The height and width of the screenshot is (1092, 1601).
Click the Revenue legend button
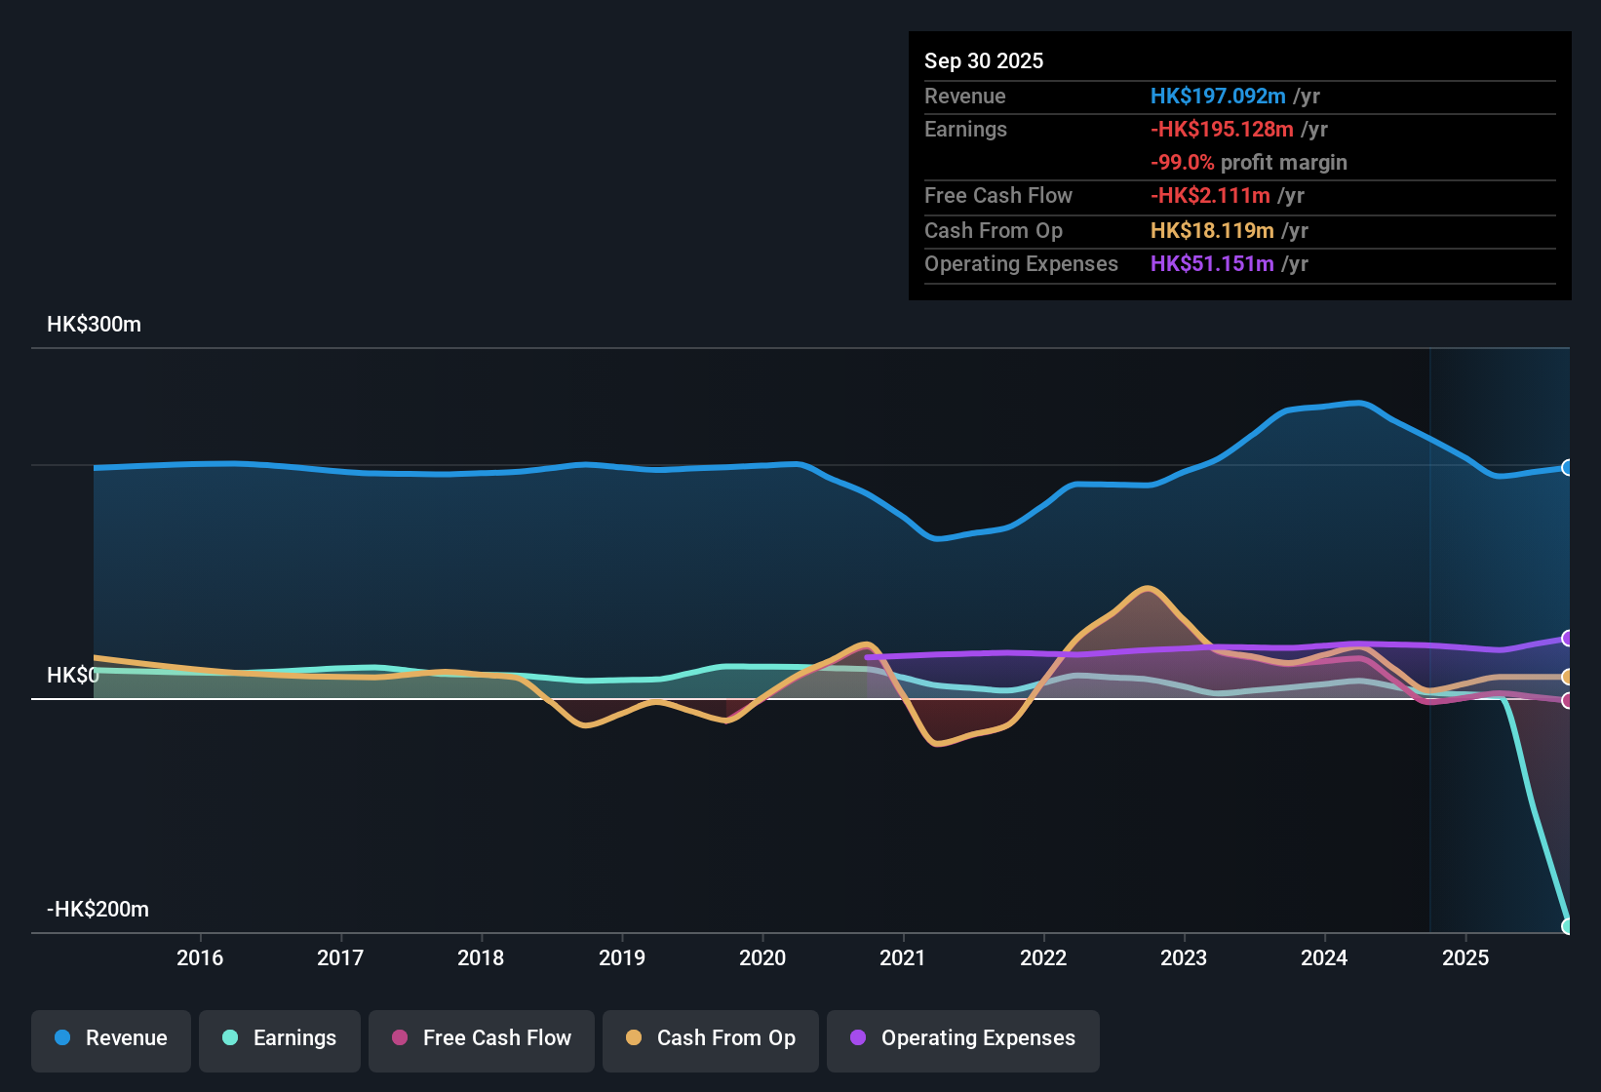point(111,1038)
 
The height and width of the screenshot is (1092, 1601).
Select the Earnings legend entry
point(280,1038)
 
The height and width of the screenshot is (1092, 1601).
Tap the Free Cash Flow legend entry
point(482,1038)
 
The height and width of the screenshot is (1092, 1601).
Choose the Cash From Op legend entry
point(711,1038)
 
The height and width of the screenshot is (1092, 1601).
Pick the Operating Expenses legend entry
point(963,1038)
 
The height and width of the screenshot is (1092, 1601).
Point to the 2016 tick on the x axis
point(200,957)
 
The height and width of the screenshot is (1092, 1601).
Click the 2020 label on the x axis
point(762,957)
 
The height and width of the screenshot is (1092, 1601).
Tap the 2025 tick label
point(1465,957)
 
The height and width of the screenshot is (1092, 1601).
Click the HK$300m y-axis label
point(94,325)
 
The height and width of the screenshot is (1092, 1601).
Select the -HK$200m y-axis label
point(98,910)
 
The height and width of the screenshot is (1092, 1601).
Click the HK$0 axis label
point(72,676)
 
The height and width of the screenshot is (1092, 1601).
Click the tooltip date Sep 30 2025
point(984,60)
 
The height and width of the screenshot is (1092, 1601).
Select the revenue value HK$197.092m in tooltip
point(1218,96)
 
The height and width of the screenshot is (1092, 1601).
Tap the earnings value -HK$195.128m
point(1222,130)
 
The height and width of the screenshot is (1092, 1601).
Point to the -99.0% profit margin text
point(1248,163)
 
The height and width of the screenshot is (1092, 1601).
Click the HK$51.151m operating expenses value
point(1212,264)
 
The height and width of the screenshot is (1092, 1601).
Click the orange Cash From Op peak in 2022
point(1148,589)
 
